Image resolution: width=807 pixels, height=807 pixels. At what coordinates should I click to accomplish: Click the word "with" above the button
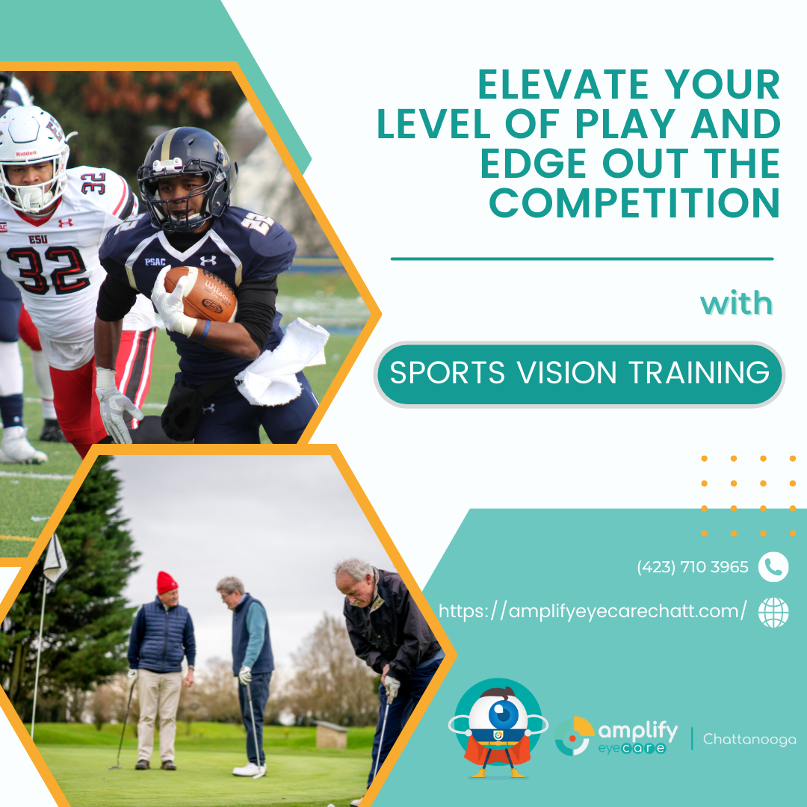[736, 303]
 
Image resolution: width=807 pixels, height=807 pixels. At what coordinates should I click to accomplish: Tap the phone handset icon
[773, 567]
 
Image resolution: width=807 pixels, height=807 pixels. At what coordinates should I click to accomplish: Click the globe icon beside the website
[773, 612]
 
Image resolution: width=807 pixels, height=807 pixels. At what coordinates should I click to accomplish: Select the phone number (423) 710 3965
[692, 567]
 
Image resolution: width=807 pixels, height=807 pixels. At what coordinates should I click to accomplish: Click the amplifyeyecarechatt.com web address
[592, 611]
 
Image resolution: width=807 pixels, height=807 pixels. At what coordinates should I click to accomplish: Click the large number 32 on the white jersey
[47, 270]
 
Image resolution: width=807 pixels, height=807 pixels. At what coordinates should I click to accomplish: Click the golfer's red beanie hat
[167, 583]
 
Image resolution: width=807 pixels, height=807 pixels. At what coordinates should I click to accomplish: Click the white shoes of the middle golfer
[250, 769]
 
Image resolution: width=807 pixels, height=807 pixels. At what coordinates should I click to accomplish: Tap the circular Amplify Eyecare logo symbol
[574, 736]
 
